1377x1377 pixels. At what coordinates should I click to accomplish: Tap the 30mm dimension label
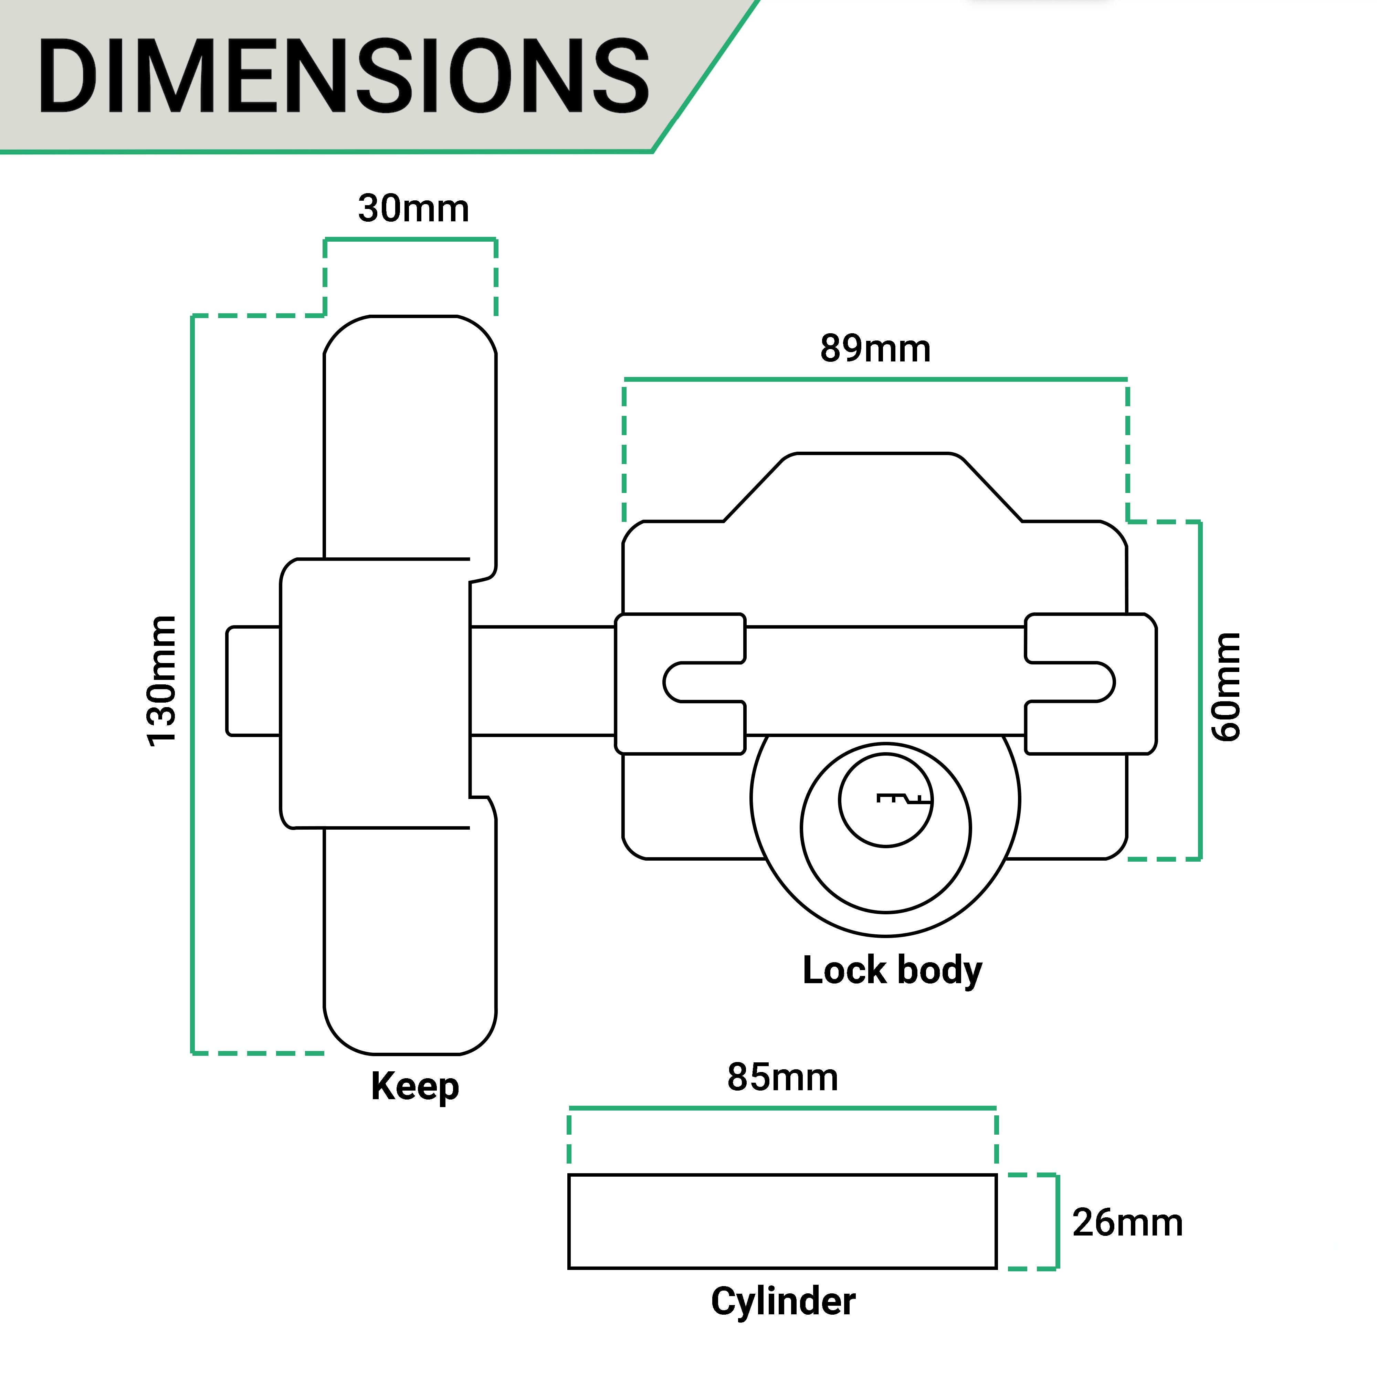pyautogui.click(x=413, y=209)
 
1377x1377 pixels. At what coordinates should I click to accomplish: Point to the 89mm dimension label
pyautogui.click(x=875, y=348)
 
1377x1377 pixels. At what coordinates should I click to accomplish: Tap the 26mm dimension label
pyautogui.click(x=1127, y=1223)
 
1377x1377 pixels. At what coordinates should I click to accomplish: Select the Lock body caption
pyautogui.click(x=892, y=971)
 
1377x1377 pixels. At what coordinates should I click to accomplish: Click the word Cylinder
pyautogui.click(x=782, y=1302)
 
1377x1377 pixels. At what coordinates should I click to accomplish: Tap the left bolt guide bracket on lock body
pyautogui.click(x=681, y=683)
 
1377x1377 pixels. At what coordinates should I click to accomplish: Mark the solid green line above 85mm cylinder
pyautogui.click(x=782, y=1108)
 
